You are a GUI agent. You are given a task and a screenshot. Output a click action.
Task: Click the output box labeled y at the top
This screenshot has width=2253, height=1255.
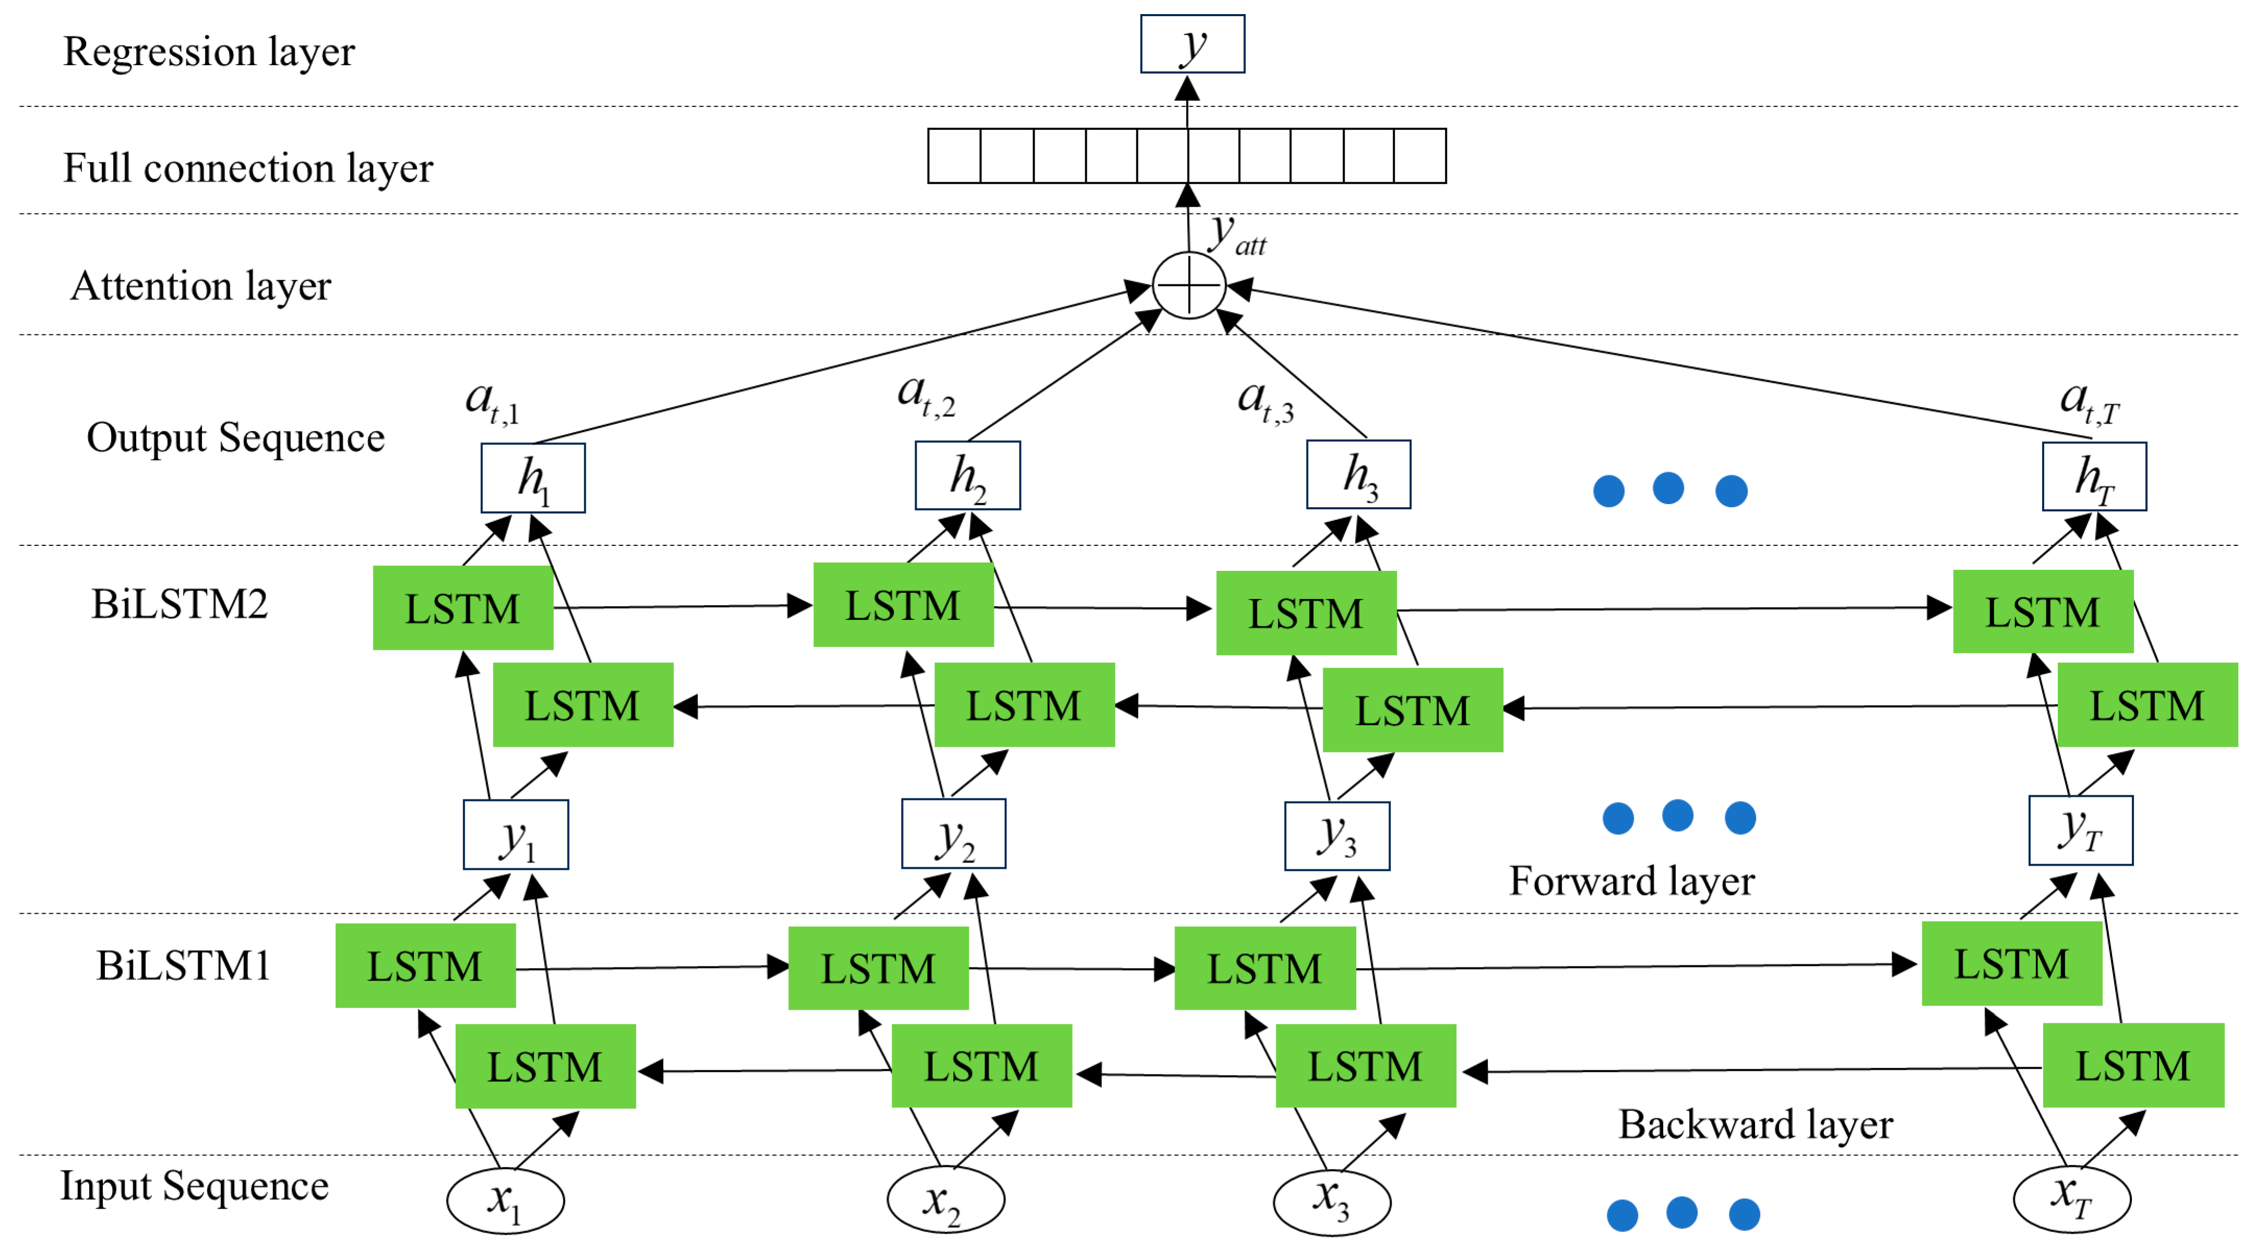[x=1192, y=44]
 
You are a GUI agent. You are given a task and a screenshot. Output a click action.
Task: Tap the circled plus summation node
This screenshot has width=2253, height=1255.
[x=1189, y=285]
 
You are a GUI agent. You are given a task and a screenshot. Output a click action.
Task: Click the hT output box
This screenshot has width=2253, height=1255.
[x=2094, y=476]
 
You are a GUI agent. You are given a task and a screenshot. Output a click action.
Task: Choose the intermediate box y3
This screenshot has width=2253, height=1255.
[x=1336, y=836]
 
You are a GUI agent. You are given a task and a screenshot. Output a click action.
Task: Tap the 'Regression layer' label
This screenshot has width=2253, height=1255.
[x=209, y=52]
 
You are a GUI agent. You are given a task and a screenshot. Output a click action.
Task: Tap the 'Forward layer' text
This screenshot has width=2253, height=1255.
[x=1631, y=881]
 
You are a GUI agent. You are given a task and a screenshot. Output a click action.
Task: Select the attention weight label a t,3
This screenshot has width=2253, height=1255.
[x=1265, y=401]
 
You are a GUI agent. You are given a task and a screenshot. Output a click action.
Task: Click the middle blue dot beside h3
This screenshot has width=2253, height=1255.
[x=1668, y=488]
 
